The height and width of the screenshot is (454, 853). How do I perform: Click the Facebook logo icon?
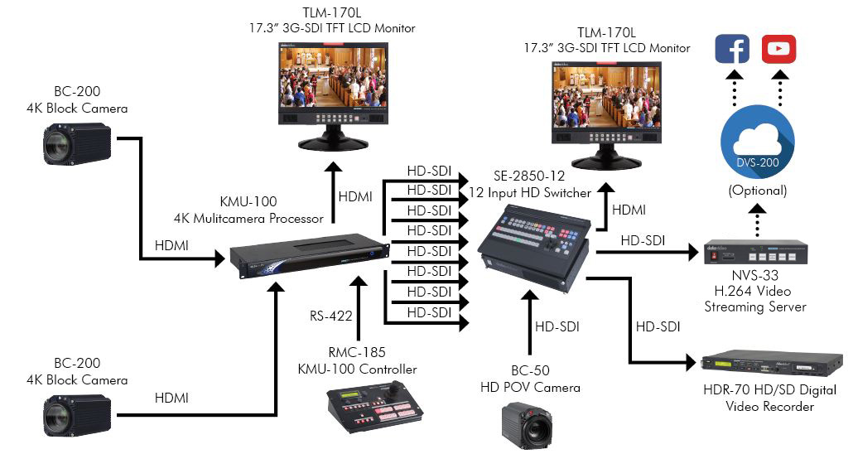[732, 49]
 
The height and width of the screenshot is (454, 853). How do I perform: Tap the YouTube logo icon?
[779, 49]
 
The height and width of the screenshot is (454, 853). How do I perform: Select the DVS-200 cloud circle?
[757, 142]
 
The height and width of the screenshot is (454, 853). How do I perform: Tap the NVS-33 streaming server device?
[755, 252]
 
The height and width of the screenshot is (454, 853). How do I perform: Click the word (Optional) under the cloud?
[757, 191]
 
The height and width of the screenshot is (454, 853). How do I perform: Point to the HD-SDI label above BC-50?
[557, 327]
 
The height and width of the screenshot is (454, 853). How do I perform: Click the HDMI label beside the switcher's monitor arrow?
[629, 210]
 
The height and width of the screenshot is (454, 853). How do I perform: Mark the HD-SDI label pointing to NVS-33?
[643, 240]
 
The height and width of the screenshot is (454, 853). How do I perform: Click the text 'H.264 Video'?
[754, 291]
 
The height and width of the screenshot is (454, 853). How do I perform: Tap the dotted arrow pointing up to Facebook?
[732, 88]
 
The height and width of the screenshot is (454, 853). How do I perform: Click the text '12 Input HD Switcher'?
[529, 193]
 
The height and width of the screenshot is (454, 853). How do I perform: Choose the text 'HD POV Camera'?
[530, 387]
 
